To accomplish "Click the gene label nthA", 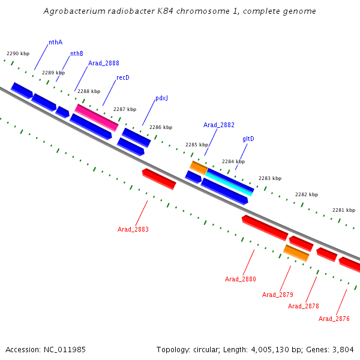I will [x=56, y=43].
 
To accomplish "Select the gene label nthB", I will [x=77, y=53].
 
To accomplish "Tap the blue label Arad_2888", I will [x=104, y=63].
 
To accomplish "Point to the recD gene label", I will [x=123, y=77].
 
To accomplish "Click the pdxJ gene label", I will [x=161, y=98].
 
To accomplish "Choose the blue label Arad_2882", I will [x=219, y=125].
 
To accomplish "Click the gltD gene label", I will [x=248, y=139].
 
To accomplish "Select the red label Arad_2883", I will [x=133, y=229].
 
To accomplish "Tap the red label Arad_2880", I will [x=241, y=279].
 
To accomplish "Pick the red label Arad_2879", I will [x=278, y=295].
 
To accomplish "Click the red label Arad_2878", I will [x=304, y=306].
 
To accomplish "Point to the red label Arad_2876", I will [x=334, y=319].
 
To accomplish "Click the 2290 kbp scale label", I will [x=18, y=53].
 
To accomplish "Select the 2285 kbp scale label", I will [x=197, y=145].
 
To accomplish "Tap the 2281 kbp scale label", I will [x=344, y=210].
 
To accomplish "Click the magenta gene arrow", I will [x=97, y=117].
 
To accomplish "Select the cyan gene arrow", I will [x=230, y=182].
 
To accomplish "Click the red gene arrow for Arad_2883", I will [x=159, y=179].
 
